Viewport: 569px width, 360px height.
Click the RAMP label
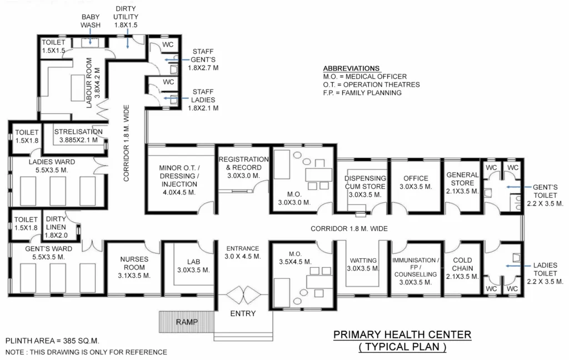[x=187, y=322]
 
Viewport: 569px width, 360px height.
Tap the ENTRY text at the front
[x=243, y=313]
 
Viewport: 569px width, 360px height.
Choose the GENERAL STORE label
[x=462, y=183]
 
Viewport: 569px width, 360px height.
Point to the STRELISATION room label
[x=78, y=136]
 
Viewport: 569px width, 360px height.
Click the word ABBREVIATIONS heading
[x=351, y=68]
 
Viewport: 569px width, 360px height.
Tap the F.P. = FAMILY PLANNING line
[x=362, y=93]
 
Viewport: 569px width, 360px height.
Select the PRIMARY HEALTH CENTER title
[x=402, y=334]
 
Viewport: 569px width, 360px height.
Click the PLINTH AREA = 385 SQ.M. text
[x=52, y=341]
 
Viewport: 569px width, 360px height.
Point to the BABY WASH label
[x=90, y=21]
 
